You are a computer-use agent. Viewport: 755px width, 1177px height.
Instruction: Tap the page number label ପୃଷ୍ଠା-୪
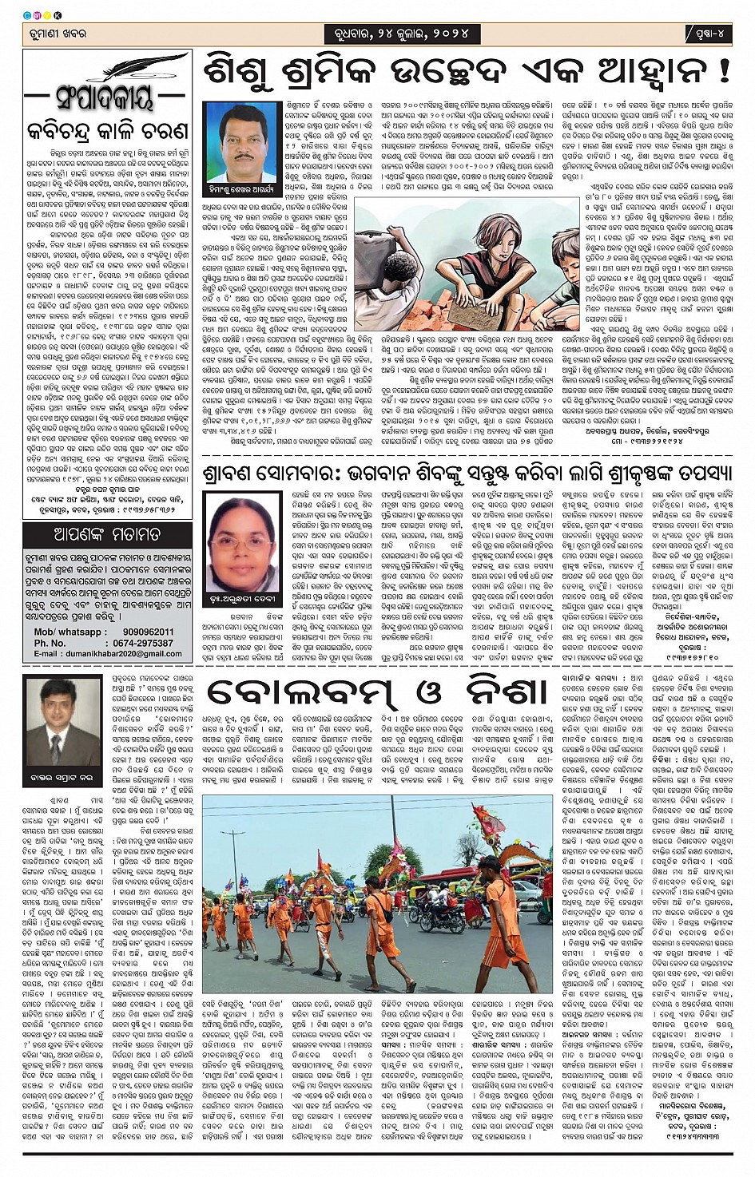tap(709, 34)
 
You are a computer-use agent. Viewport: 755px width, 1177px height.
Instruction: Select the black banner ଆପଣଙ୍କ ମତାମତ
tap(106, 534)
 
